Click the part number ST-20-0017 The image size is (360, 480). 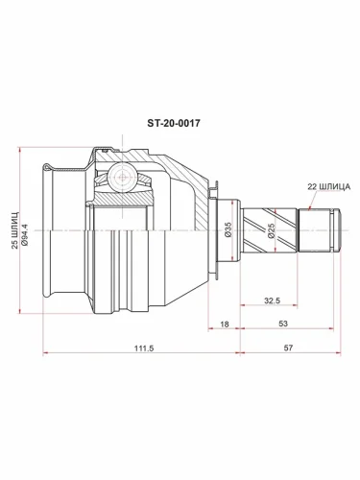[179, 124]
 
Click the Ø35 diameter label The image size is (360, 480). [228, 230]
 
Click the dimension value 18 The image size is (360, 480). [225, 325]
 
